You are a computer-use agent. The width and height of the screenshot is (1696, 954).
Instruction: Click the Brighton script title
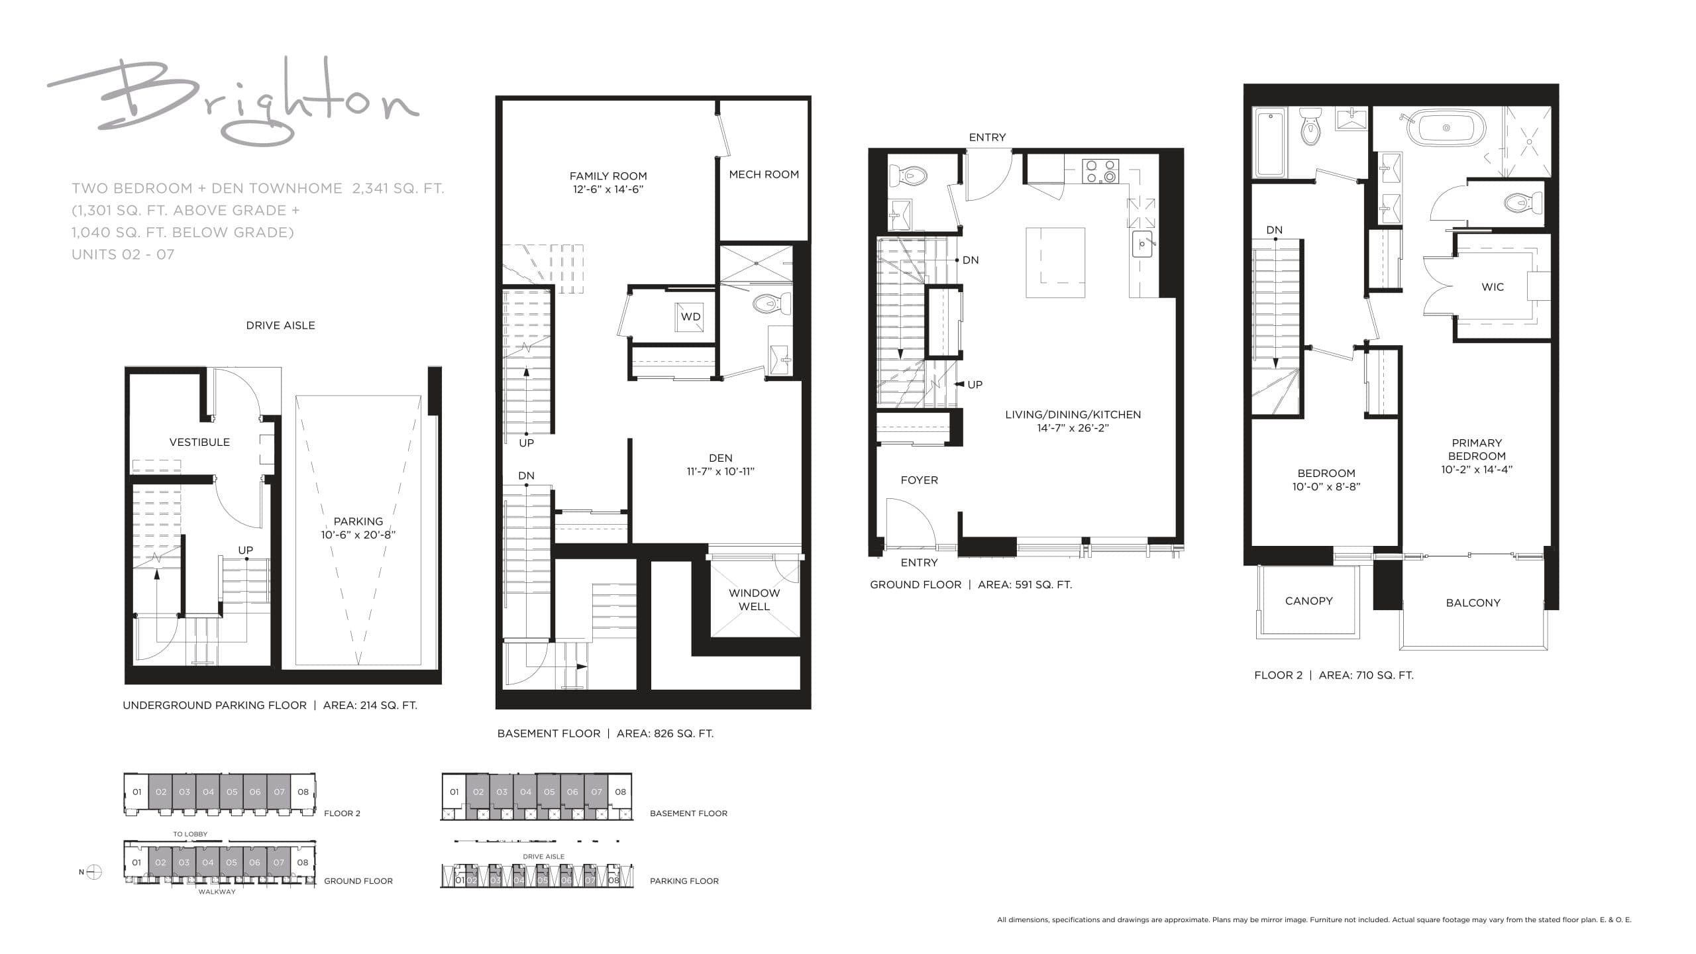coord(232,103)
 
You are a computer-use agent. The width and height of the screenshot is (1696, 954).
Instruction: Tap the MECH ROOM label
coord(764,174)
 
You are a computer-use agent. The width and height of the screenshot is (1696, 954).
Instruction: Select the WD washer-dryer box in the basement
coord(690,317)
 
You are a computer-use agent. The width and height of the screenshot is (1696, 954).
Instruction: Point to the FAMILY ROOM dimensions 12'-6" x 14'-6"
coord(608,189)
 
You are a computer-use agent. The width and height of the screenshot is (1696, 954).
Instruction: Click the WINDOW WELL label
coord(754,600)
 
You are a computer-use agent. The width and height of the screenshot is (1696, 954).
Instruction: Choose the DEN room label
coord(720,458)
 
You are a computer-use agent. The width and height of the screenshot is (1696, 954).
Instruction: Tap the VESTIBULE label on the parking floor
coord(199,442)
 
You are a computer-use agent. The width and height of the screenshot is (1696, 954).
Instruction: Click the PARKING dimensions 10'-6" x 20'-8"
coord(358,535)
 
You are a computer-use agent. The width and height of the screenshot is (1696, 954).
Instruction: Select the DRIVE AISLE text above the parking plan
coord(280,325)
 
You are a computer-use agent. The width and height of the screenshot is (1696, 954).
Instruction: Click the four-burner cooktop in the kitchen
coord(1100,172)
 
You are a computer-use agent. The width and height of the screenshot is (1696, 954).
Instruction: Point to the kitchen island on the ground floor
coord(1055,263)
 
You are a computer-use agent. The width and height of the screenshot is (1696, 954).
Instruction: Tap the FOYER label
coord(919,480)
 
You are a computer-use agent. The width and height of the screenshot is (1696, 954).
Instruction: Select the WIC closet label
coord(1492,287)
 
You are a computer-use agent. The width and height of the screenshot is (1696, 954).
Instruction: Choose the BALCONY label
coord(1473,602)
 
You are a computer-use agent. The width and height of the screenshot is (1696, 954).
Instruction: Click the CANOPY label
coord(1308,601)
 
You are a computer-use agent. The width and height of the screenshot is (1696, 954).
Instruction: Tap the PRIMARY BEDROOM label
coord(1477,449)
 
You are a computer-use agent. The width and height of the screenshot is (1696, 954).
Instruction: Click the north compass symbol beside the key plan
coord(94,872)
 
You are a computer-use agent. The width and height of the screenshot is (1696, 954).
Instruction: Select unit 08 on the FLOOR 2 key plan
coord(303,792)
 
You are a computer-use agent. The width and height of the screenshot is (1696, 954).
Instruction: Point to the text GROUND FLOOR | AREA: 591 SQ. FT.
coord(971,584)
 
